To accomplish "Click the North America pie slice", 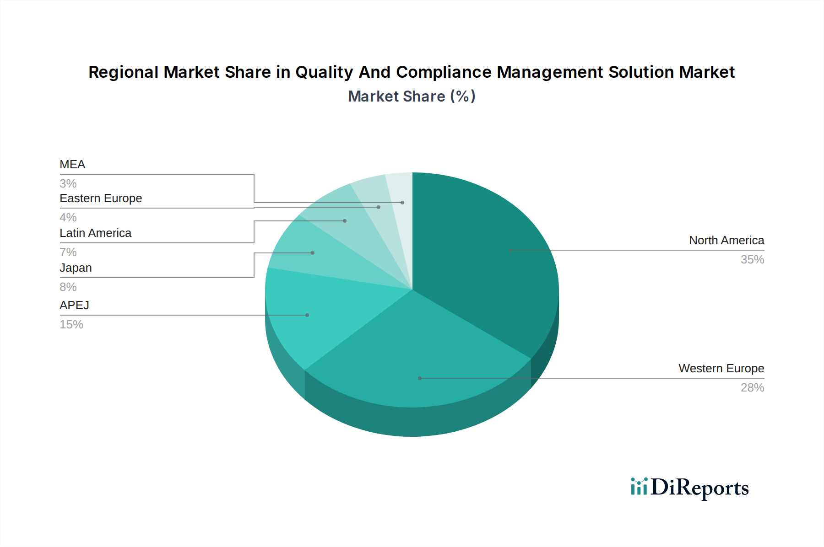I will click(485, 256).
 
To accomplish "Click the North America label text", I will click(726, 240).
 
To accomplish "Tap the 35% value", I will click(752, 259).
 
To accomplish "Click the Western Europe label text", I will click(721, 368).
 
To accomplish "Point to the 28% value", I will click(752, 387).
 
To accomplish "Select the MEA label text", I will click(72, 164).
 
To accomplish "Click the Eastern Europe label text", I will click(101, 198).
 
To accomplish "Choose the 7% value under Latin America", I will click(68, 252).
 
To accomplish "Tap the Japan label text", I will click(76, 268).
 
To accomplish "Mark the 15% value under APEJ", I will click(71, 324).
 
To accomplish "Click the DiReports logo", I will click(689, 488).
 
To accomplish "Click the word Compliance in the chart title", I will click(443, 72).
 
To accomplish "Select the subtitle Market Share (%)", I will click(412, 97).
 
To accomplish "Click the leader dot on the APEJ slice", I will click(307, 315).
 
